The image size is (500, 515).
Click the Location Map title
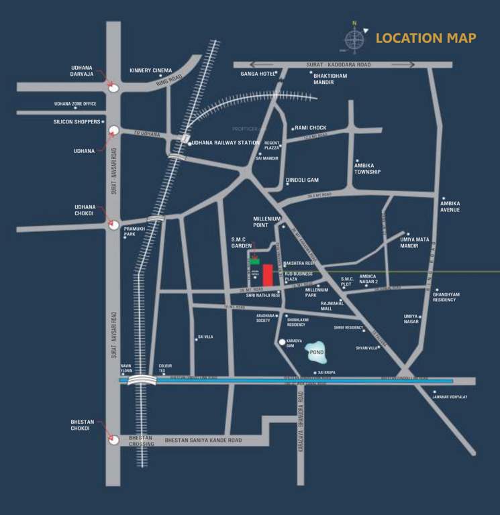[x=426, y=38]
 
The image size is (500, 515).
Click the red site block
[x=268, y=275]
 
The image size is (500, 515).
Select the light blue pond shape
[x=316, y=351]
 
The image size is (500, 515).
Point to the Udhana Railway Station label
[x=226, y=143]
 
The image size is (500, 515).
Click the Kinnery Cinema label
[x=151, y=70]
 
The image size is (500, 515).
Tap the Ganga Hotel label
[x=254, y=74]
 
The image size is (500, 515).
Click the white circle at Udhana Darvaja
[x=114, y=88]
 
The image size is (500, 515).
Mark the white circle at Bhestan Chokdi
[x=114, y=439]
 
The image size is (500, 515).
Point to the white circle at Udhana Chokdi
[x=114, y=225]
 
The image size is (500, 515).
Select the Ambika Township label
[x=368, y=168]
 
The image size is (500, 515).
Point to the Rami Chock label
[x=310, y=127]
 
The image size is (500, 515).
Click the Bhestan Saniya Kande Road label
[x=203, y=440]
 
